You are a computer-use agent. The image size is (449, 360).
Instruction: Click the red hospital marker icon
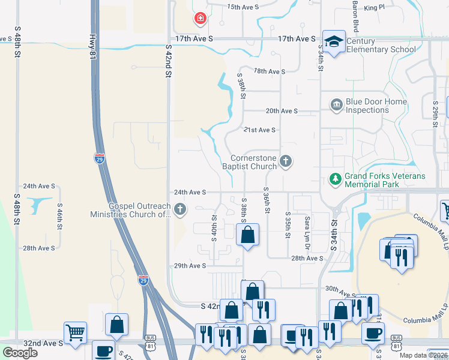coord(200,19)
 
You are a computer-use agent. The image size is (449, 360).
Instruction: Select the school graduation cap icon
coord(334,41)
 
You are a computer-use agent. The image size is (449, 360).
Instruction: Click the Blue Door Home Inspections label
coord(376,106)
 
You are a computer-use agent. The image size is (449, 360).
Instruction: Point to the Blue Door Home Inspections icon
coord(336,105)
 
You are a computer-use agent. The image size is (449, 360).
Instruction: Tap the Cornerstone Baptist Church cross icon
coord(286,161)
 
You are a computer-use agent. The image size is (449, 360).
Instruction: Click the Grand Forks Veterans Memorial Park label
coord(384,181)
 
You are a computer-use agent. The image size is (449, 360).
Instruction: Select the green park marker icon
coord(335,178)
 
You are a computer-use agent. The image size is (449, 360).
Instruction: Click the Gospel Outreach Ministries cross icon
coord(180,209)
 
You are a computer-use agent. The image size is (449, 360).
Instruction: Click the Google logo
coord(20,353)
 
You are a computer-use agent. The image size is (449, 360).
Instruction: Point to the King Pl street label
coord(373,8)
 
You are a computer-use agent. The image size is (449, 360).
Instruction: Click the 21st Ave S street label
coord(259,130)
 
